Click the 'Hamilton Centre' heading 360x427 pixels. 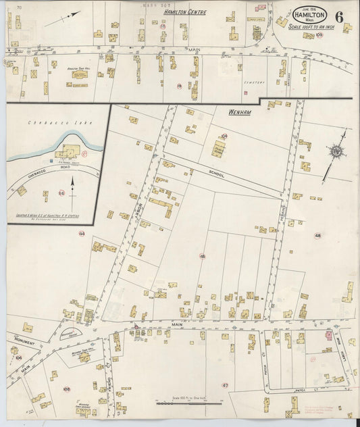pos(185,12)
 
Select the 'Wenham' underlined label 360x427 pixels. pos(239,112)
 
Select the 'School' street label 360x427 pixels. pos(218,172)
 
